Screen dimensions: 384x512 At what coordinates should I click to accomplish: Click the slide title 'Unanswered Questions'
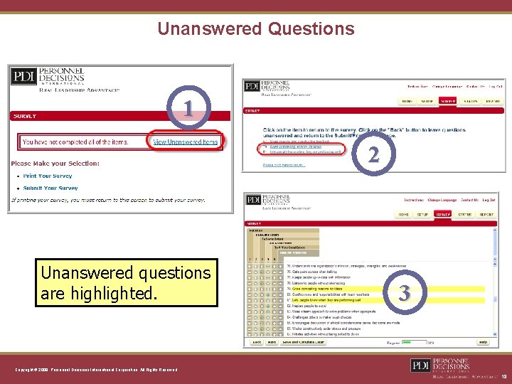click(255, 29)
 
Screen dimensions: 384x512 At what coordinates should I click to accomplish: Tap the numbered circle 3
click(404, 292)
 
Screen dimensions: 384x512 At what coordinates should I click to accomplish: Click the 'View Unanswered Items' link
click(186, 142)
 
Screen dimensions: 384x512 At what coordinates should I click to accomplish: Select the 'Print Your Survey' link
click(48, 176)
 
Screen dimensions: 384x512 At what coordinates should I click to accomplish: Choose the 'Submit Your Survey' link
click(50, 188)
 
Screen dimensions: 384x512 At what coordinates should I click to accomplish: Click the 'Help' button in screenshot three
click(483, 342)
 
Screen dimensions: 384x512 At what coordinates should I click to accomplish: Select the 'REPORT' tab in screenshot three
click(486, 214)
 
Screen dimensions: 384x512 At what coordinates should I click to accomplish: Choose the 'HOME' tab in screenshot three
click(404, 214)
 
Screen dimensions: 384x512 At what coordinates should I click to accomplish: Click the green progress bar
click(411, 342)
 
